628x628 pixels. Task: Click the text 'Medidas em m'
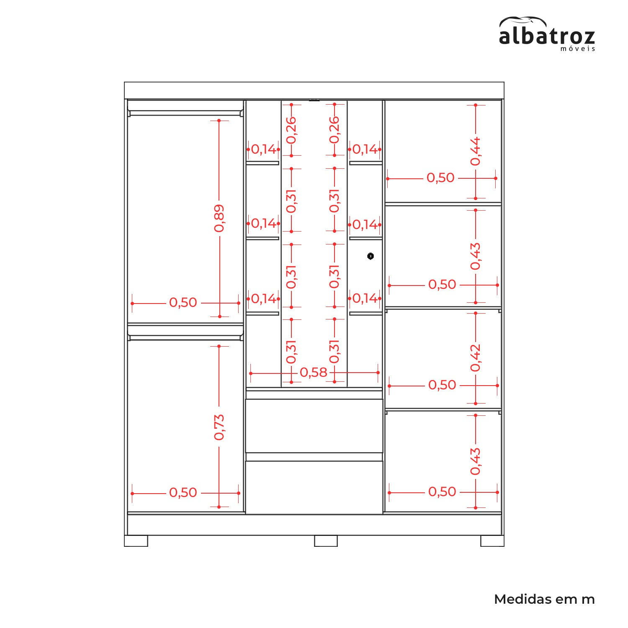click(x=544, y=599)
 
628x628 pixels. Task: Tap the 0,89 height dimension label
click(x=219, y=218)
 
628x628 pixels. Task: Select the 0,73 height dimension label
click(x=219, y=427)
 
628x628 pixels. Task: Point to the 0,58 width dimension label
click(x=314, y=372)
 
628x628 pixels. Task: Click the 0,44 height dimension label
click(x=476, y=151)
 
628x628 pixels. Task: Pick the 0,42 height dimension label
click(x=476, y=358)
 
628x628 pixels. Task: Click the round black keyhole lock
click(x=371, y=256)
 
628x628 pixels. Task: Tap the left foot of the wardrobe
click(x=136, y=541)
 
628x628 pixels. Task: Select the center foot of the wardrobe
click(x=326, y=541)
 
